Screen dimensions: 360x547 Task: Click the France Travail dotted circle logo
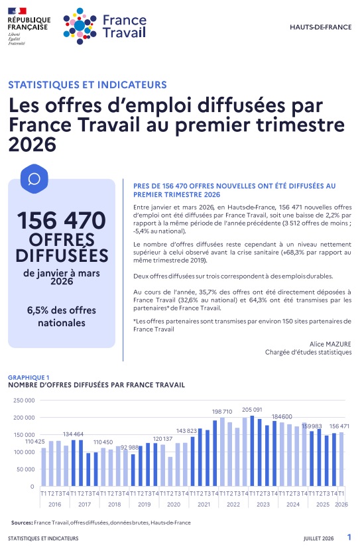pyautogui.click(x=80, y=26)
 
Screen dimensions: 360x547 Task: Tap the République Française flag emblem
pyautogui.click(x=17, y=11)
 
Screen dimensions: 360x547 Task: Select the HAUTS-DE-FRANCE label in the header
pyautogui.click(x=321, y=27)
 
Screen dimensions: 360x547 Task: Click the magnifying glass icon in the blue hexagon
pyautogui.click(x=34, y=179)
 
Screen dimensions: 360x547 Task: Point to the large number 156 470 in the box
pyautogui.click(x=62, y=221)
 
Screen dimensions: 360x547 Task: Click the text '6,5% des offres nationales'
pyautogui.click(x=62, y=316)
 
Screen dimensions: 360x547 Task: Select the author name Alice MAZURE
pyautogui.click(x=330, y=344)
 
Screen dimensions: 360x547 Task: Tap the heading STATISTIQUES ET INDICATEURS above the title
pyautogui.click(x=88, y=85)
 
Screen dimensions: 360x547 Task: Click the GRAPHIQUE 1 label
pyautogui.click(x=29, y=377)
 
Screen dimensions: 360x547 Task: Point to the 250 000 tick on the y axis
pyautogui.click(x=24, y=400)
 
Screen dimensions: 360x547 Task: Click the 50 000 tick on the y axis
pyautogui.click(x=26, y=469)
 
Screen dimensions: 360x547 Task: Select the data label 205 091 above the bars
pyautogui.click(x=252, y=410)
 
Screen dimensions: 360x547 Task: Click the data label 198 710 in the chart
pyautogui.click(x=222, y=412)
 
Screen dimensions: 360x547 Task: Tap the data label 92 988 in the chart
pyautogui.click(x=129, y=448)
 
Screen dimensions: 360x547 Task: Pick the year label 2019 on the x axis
pyautogui.click(x=144, y=504)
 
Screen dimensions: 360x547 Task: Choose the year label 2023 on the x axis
pyautogui.click(x=263, y=504)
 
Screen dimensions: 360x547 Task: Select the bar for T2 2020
pyautogui.click(x=170, y=471)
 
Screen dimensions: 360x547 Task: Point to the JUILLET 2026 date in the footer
pyautogui.click(x=318, y=538)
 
